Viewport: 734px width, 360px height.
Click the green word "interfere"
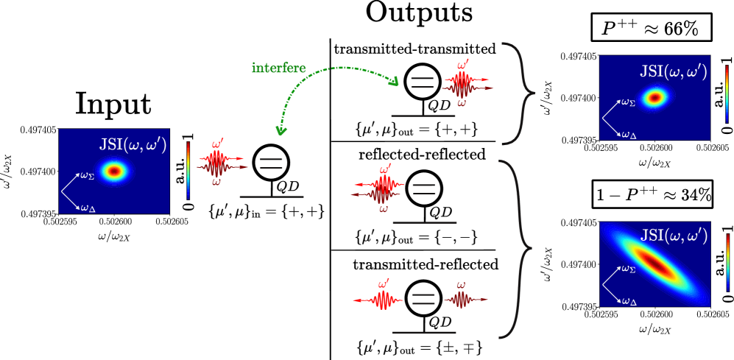point(278,68)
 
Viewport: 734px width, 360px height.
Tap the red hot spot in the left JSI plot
point(113,172)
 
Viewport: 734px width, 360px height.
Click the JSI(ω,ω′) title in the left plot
point(133,144)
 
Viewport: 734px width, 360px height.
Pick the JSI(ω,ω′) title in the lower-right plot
point(674,236)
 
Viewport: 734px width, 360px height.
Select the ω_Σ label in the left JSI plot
point(87,176)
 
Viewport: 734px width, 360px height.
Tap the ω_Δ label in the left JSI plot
point(88,208)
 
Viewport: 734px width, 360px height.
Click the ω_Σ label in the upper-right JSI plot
point(628,102)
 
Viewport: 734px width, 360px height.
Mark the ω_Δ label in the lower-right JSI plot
point(629,300)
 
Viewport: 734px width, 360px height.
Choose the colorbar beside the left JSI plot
point(188,171)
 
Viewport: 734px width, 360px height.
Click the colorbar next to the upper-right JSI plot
point(727,93)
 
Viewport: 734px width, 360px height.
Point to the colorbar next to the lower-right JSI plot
point(727,262)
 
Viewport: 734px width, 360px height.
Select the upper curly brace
point(518,93)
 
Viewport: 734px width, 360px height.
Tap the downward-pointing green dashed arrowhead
point(280,130)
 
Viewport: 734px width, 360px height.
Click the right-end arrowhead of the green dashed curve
point(395,80)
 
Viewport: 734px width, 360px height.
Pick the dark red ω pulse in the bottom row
point(462,300)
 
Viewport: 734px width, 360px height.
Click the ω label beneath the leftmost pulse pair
point(216,182)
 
